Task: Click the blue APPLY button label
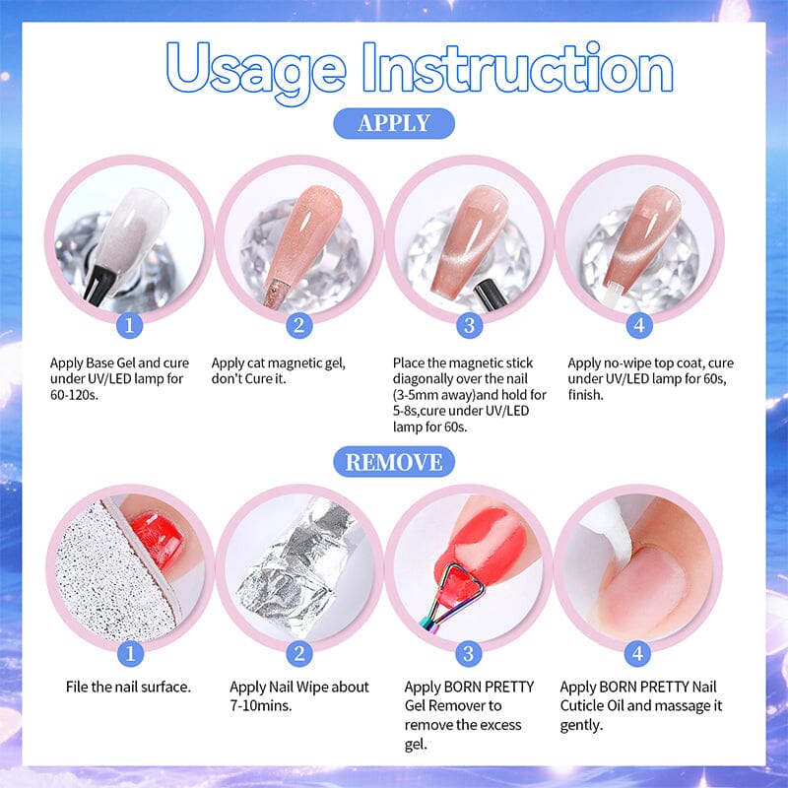point(394,123)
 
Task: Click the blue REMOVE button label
point(394,460)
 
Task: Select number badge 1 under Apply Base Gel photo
point(130,324)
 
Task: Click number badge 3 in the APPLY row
point(469,324)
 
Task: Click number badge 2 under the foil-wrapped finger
point(299,652)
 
